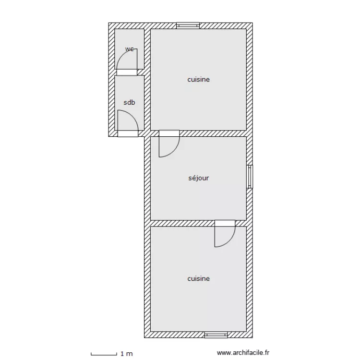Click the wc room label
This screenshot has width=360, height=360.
point(130,49)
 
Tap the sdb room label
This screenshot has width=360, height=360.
point(129,102)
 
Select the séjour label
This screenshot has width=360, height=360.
point(199,178)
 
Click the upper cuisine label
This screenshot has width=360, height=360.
point(198,79)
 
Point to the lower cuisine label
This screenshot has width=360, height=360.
point(198,278)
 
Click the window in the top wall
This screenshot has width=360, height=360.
point(188,25)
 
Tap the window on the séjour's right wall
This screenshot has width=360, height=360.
point(250,177)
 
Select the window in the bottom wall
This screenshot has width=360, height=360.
point(216,335)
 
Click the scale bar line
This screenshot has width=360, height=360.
point(104,355)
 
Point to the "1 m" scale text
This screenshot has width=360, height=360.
point(127,354)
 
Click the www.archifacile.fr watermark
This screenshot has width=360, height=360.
point(243,353)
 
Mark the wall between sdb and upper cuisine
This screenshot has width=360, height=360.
point(147,103)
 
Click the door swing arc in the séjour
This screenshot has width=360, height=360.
point(174,152)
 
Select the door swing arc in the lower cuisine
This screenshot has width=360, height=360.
point(229,241)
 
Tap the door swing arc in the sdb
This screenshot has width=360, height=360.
point(132,116)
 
